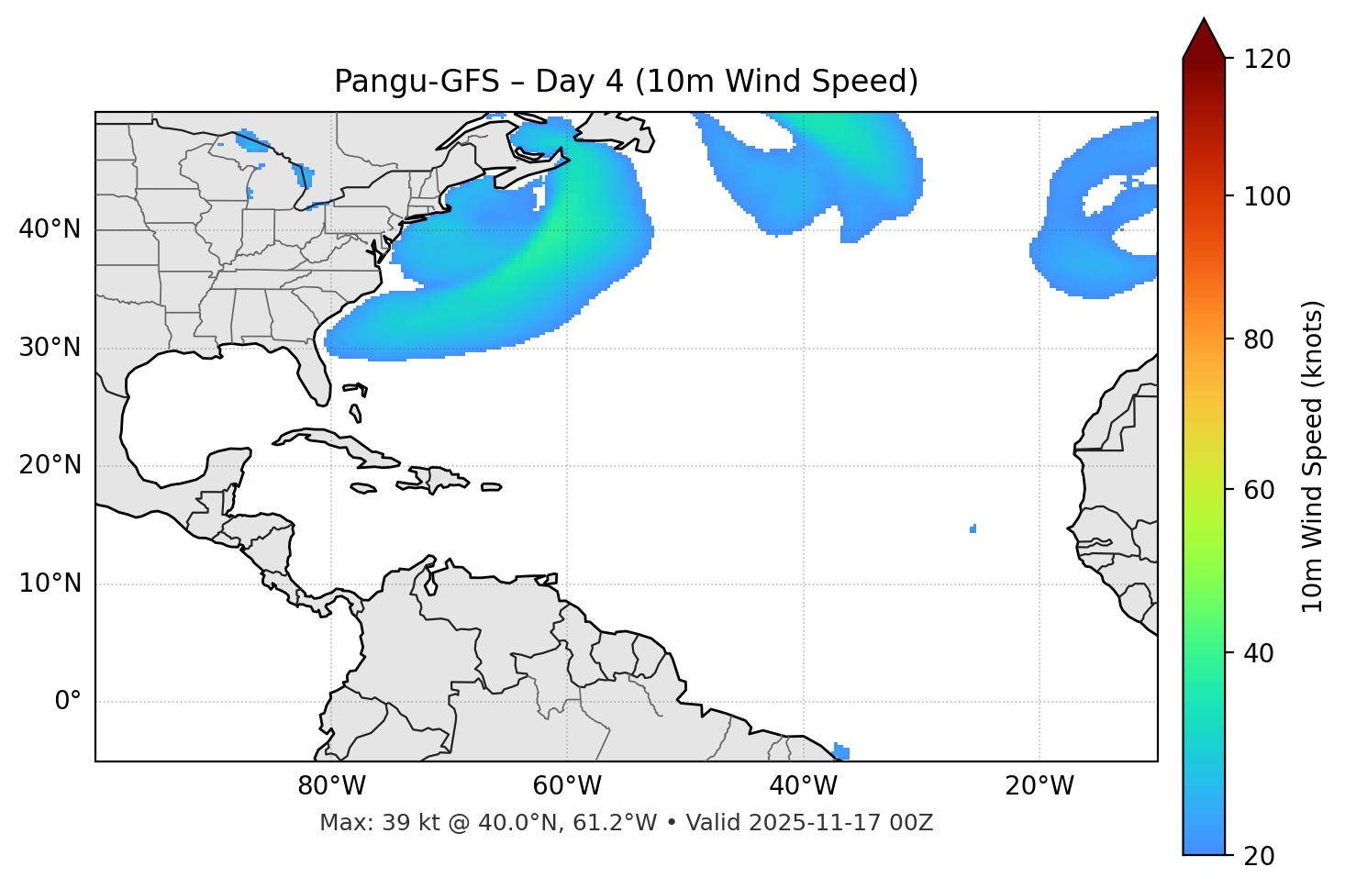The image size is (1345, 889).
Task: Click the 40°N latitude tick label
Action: [x=50, y=229]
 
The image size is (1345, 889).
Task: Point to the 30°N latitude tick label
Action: [x=50, y=348]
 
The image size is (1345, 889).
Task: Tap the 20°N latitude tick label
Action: [x=50, y=465]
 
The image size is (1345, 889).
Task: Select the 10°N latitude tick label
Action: [x=50, y=583]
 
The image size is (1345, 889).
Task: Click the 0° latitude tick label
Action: [x=68, y=702]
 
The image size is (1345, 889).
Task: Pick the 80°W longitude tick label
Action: [x=331, y=786]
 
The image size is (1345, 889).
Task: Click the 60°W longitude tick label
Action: [x=567, y=786]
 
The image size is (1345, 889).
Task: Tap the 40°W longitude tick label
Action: [x=803, y=786]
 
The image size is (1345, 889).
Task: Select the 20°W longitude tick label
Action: [x=1039, y=786]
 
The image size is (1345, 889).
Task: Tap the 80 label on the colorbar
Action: [x=1262, y=339]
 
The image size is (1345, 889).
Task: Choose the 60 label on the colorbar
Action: [x=1262, y=490]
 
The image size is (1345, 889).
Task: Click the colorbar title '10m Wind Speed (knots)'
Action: [x=1313, y=456]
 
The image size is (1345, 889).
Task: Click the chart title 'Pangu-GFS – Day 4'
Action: [x=626, y=82]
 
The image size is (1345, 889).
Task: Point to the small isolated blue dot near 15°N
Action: [x=973, y=528]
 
